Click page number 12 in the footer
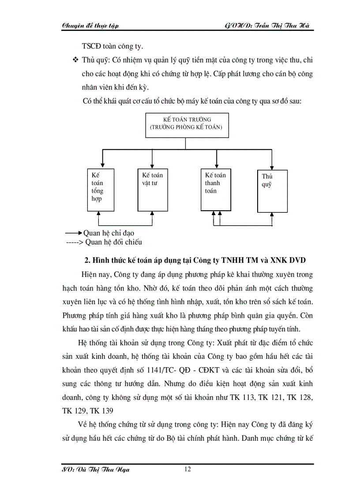click(x=187, y=469)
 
